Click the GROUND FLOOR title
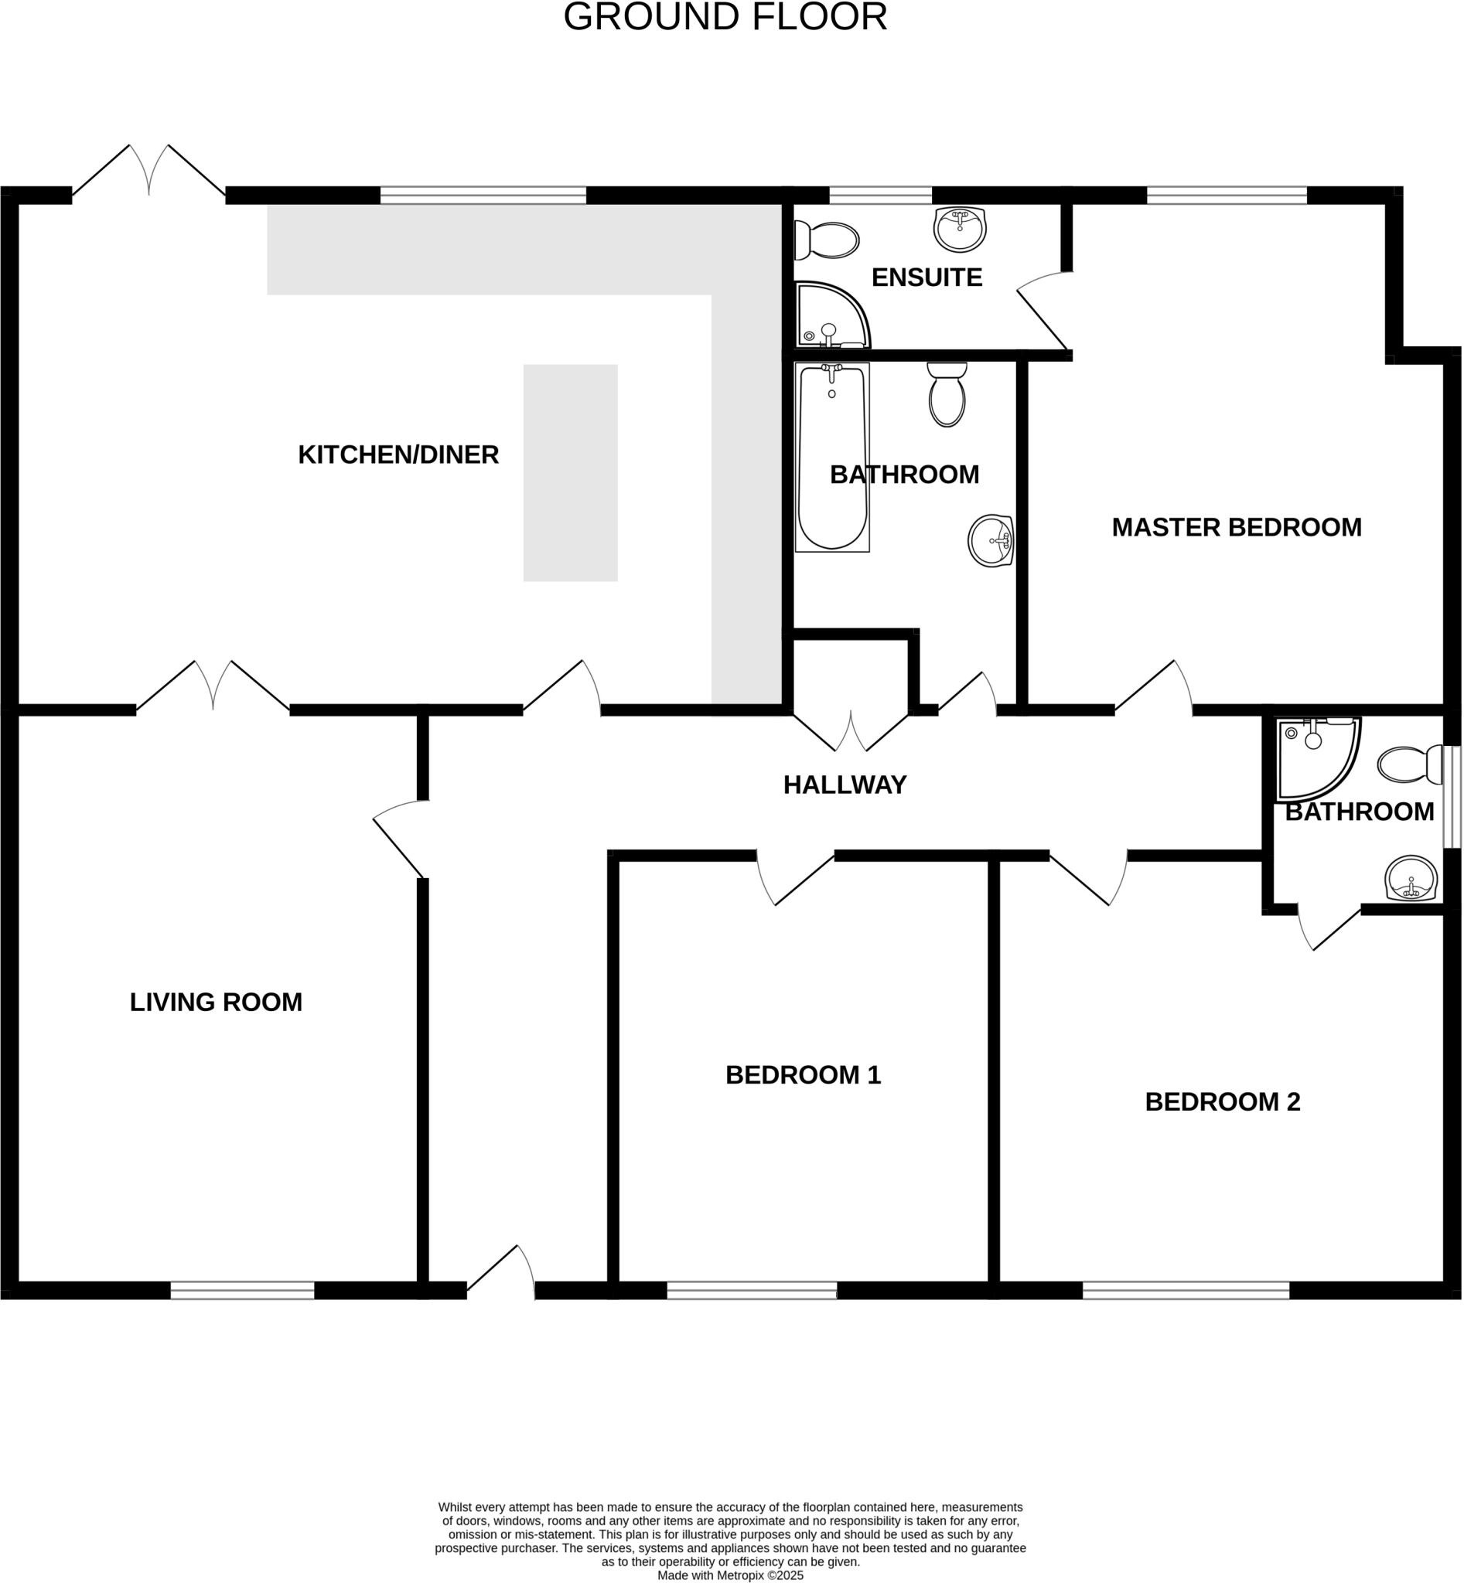pyautogui.click(x=725, y=18)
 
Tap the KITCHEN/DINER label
pyautogui.click(x=398, y=454)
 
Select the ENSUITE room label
pyautogui.click(x=926, y=277)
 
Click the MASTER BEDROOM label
pyautogui.click(x=1236, y=527)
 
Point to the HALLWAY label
pyautogui.click(x=845, y=785)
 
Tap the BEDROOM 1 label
pyautogui.click(x=803, y=1074)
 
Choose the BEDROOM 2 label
pyautogui.click(x=1222, y=1101)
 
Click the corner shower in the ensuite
pyautogui.click(x=828, y=317)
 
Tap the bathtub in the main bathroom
pyautogui.click(x=832, y=457)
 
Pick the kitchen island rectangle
pyautogui.click(x=570, y=473)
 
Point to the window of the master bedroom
pyautogui.click(x=1226, y=195)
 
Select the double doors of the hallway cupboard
pyautogui.click(x=850, y=732)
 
